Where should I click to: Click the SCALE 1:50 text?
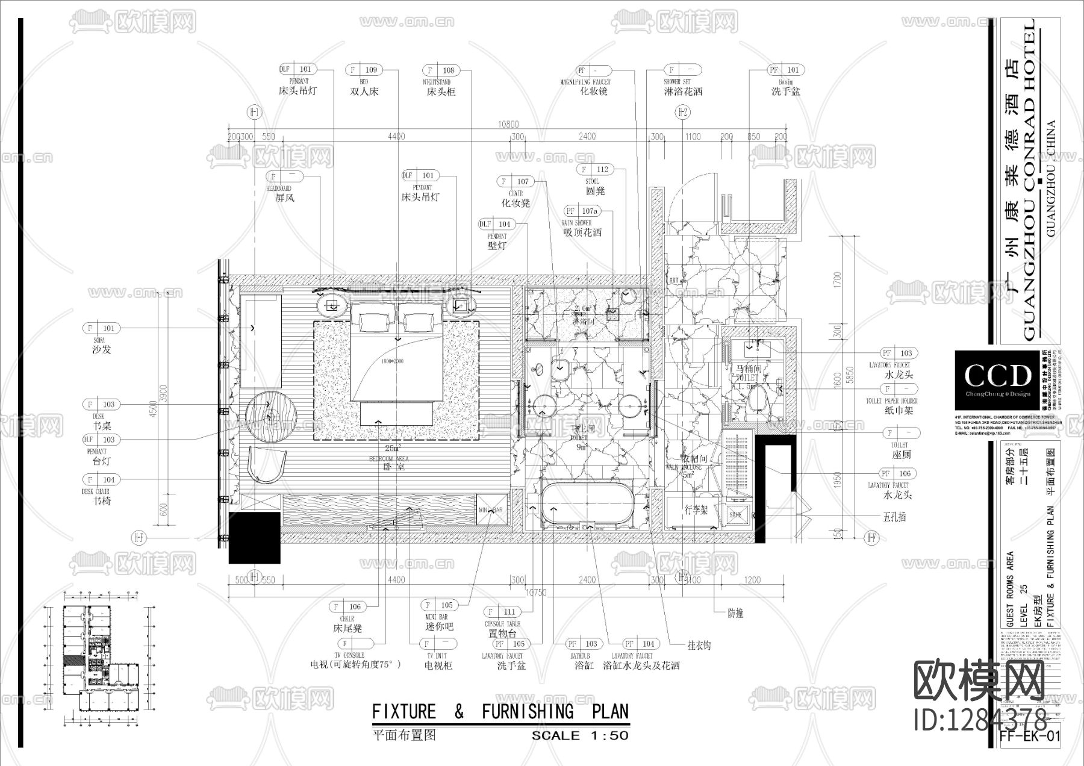[x=579, y=735]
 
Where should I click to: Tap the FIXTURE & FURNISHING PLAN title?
[x=500, y=712]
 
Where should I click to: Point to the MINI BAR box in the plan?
[x=491, y=510]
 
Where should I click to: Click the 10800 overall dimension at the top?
[x=508, y=125]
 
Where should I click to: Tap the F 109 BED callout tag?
[x=364, y=70]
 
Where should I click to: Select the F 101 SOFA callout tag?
[x=101, y=328]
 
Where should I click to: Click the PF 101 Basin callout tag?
[x=786, y=70]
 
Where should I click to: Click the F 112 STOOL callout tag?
[x=595, y=170]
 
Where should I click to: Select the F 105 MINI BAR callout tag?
[x=439, y=605]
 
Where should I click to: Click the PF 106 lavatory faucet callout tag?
[x=897, y=473]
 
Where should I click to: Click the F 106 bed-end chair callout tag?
[x=347, y=606]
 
